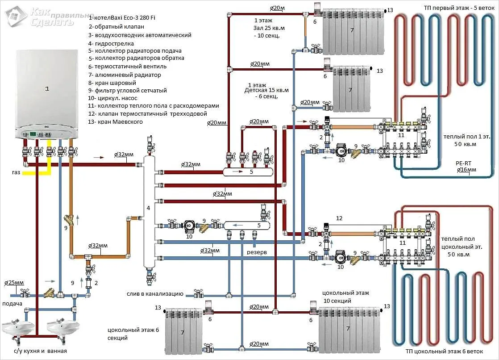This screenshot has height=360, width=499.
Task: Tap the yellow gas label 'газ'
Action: pos(16,172)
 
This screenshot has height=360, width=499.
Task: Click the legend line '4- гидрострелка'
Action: pos(111,43)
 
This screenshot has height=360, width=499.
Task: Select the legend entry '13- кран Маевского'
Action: pos(115,121)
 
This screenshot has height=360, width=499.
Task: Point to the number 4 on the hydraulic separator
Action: pos(148,208)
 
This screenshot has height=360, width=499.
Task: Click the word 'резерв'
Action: pos(257,252)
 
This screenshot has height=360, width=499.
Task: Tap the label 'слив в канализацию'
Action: pos(155,294)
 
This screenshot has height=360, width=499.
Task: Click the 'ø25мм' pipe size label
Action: pos(14,283)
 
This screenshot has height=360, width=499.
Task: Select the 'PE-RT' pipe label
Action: pos(463,163)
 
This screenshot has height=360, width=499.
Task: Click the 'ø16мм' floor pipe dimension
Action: pos(466,170)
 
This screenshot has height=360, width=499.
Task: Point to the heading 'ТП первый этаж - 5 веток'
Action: pos(459,8)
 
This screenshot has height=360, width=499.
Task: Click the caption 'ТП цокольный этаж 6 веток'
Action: pos(444,352)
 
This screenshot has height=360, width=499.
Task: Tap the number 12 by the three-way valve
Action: pos(339,218)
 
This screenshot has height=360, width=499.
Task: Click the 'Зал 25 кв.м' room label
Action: pos(269,28)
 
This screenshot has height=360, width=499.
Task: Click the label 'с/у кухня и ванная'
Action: pos(41,351)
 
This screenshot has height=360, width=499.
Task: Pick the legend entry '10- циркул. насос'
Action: pos(112,98)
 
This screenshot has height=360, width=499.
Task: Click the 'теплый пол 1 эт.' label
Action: pos(467,137)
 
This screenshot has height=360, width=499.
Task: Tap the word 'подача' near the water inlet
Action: pos(12,304)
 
